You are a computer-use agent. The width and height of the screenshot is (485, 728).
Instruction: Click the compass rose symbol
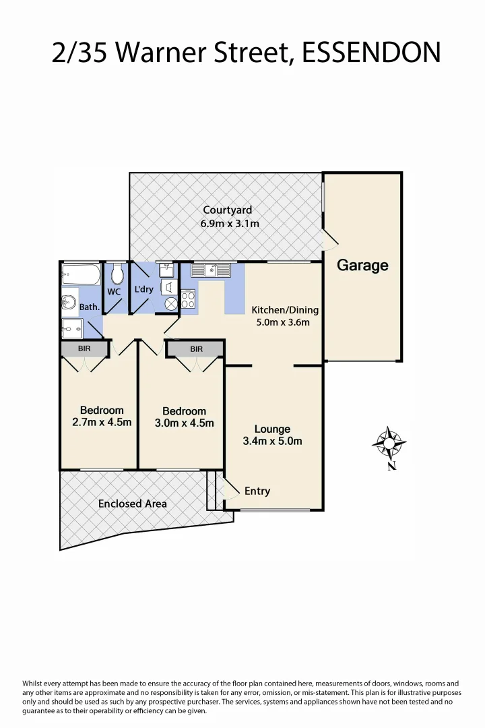tap(389, 443)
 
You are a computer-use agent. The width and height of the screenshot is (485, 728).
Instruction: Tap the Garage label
tap(362, 265)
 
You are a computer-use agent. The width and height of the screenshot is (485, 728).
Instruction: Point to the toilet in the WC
tap(117, 274)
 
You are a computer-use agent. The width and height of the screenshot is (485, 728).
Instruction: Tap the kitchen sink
tap(211, 270)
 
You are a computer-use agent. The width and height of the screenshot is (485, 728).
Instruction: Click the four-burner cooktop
tap(188, 299)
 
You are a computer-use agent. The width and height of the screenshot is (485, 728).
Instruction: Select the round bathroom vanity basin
tap(68, 301)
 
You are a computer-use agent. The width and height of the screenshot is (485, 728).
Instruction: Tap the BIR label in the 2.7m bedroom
tap(84, 348)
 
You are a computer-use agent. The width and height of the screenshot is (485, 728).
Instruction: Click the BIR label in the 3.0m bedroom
tap(196, 349)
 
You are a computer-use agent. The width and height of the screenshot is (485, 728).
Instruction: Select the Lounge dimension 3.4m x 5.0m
tap(272, 442)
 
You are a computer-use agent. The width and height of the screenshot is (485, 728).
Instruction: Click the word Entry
tap(257, 491)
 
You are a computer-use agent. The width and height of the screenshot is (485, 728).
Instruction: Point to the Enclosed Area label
tap(133, 504)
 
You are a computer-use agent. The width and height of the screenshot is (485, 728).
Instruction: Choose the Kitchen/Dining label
tap(285, 310)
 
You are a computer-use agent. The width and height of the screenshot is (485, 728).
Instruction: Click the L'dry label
tap(144, 289)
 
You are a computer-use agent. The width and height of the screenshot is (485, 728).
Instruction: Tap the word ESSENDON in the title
tap(371, 52)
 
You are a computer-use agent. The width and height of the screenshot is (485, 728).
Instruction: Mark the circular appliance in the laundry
tap(171, 303)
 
